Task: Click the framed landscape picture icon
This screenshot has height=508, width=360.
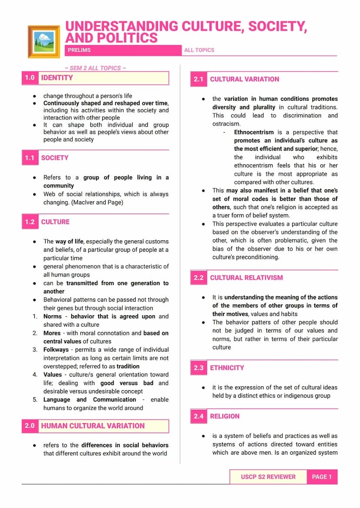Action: pos(43,41)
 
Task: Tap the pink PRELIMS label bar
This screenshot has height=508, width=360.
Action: pos(123,50)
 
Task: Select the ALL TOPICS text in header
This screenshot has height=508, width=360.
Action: pos(199,50)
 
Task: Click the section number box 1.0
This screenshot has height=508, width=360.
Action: pos(30,78)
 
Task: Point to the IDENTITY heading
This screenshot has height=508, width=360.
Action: pos(57,78)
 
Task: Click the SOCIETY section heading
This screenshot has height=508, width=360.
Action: pos(55,158)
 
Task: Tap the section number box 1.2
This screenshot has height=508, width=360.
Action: pos(30,222)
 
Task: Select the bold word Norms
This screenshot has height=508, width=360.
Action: pos(53,316)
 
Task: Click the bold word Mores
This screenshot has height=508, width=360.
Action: pos(52,333)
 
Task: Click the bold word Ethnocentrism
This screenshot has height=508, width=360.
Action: pos(254,132)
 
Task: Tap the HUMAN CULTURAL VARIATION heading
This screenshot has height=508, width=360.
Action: pos(93,426)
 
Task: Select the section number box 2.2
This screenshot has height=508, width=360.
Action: pos(199,278)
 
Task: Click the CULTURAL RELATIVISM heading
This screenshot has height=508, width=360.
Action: pos(247,278)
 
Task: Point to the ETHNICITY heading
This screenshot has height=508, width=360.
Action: pos(227,368)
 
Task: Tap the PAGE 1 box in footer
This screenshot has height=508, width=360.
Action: pos(322,477)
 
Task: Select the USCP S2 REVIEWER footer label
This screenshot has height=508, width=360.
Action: pos(268,477)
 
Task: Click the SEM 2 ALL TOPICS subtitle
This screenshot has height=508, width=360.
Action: pos(96,68)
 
